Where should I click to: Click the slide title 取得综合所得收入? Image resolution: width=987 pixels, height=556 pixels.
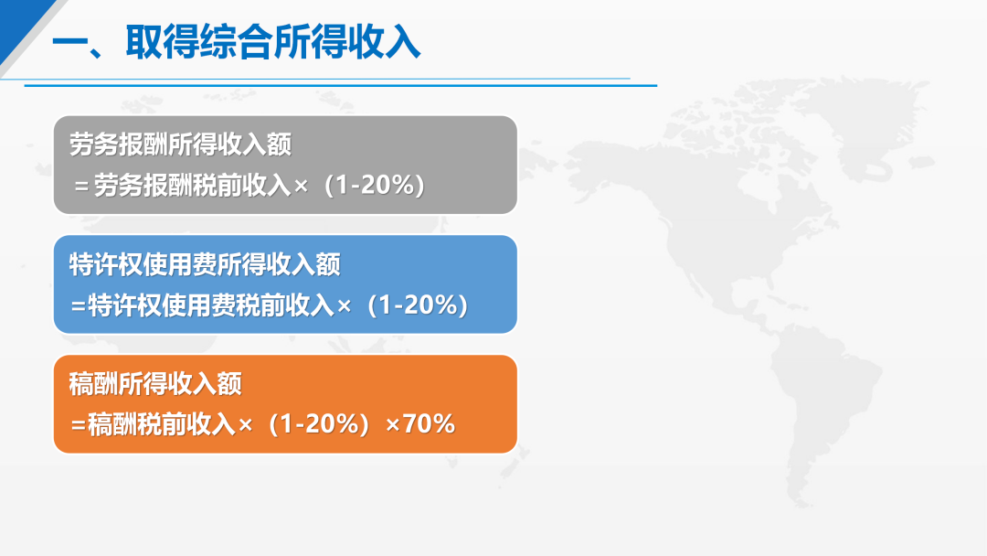click(x=272, y=43)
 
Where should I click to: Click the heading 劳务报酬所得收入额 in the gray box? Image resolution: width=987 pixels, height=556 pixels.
click(x=181, y=144)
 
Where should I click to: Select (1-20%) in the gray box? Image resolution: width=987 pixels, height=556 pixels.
click(x=375, y=185)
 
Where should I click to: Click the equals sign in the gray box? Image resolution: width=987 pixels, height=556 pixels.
click(x=81, y=187)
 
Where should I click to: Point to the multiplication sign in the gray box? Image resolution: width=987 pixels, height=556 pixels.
click(x=301, y=187)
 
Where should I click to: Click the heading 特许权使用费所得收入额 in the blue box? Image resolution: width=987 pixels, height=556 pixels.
click(x=205, y=264)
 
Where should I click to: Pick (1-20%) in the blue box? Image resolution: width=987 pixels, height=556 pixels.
click(x=418, y=305)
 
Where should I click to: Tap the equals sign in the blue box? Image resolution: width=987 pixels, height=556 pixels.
click(x=78, y=306)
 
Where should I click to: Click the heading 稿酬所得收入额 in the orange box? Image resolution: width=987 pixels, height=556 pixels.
click(x=155, y=383)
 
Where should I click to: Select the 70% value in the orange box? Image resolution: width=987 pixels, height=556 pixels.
click(x=429, y=423)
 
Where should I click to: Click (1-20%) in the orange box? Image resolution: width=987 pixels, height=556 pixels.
click(x=319, y=423)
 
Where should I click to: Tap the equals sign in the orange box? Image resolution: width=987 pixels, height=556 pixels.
click(x=78, y=425)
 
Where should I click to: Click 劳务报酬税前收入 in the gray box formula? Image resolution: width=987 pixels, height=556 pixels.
click(x=193, y=186)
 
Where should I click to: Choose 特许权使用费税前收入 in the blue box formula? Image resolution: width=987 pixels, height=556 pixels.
click(x=211, y=305)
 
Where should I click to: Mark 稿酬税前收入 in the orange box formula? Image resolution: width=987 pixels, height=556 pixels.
click(x=162, y=424)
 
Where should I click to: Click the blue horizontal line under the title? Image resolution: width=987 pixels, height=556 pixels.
click(x=341, y=85)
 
